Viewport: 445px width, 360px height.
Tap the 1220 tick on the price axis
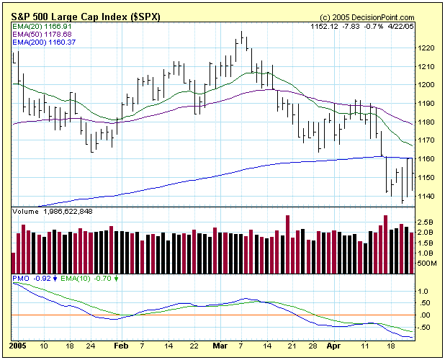coord(426,48)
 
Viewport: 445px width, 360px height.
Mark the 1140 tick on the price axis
coord(426,197)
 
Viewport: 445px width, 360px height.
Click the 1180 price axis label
coord(426,122)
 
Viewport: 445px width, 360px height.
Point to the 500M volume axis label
coord(426,264)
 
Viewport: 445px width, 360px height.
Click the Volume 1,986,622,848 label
coord(53,212)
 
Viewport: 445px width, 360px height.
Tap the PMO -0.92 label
coord(32,277)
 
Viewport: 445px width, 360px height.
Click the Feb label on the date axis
coord(119,346)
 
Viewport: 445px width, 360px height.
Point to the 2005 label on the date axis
coord(19,346)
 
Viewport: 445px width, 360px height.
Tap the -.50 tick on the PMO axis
coord(426,328)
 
